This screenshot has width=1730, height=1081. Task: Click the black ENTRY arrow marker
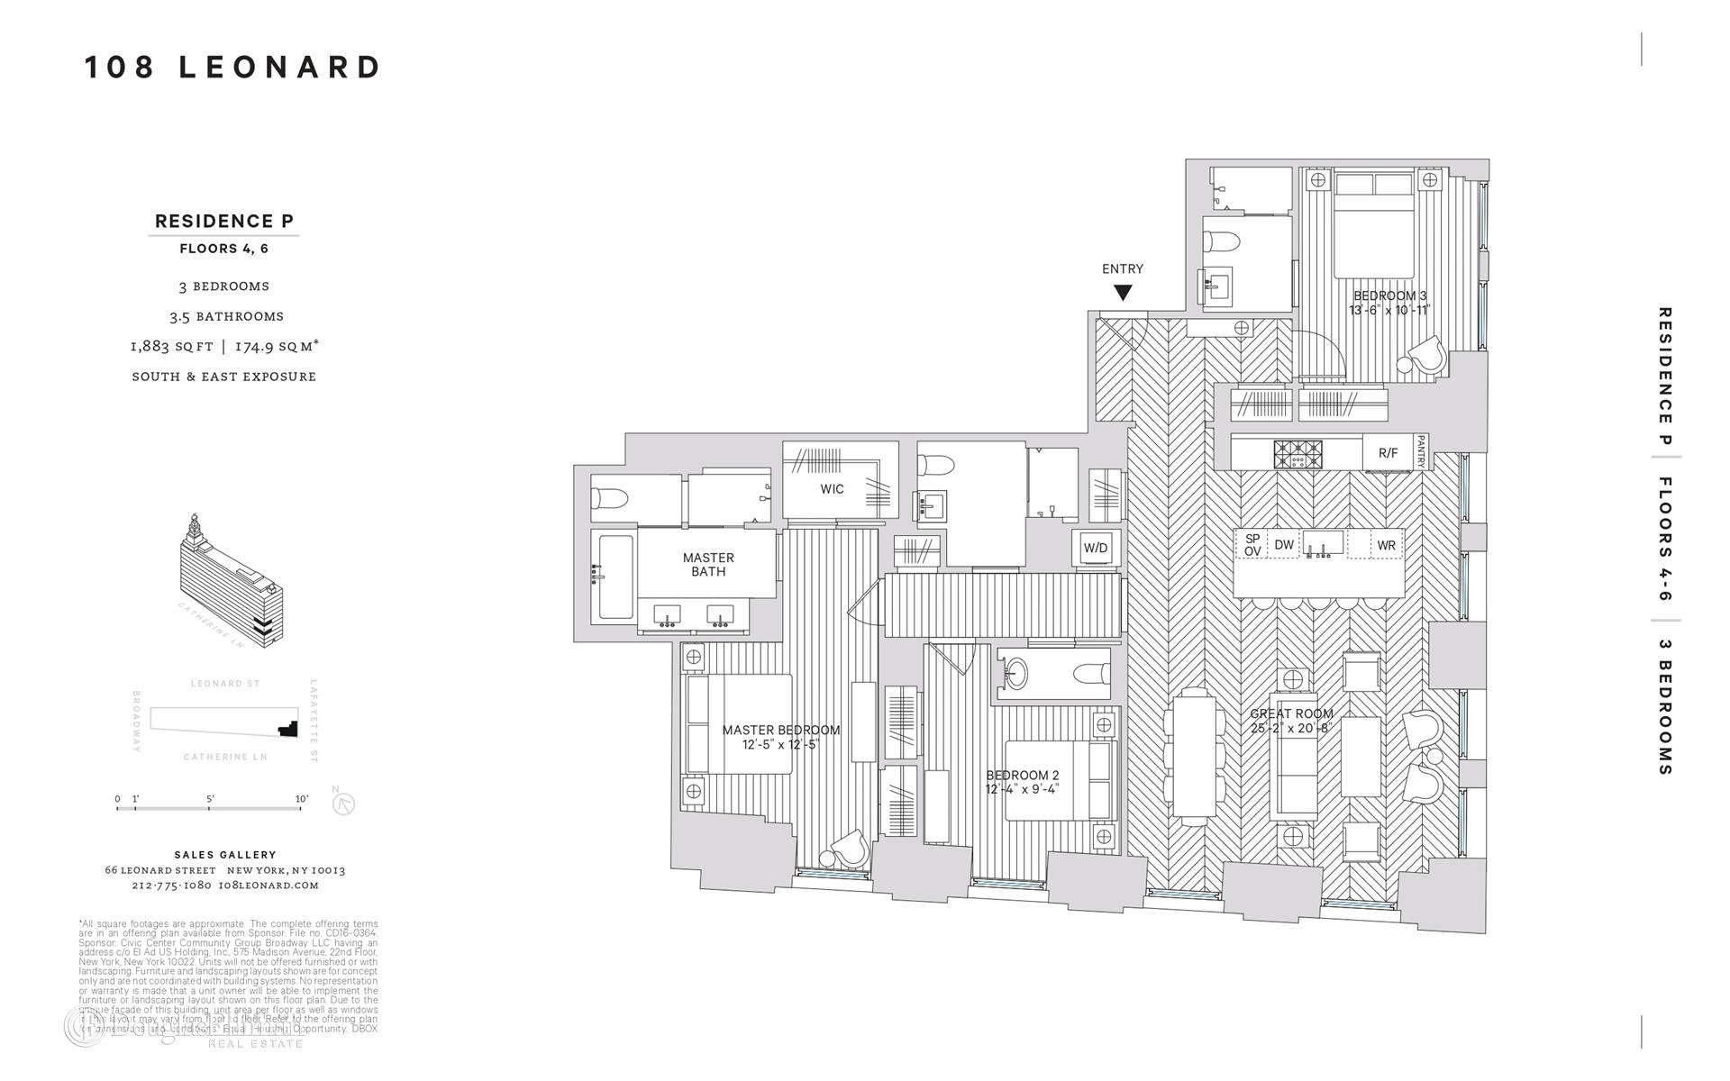coord(1122,293)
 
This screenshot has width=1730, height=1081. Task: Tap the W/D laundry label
coord(1096,548)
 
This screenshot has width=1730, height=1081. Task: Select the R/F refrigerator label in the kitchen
coord(1388,453)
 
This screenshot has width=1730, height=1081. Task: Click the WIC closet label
coord(832,489)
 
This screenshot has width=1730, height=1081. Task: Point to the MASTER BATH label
coord(708,565)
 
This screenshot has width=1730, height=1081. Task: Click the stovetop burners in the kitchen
coord(1297,454)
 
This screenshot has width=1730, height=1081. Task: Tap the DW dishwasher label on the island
coord(1284,545)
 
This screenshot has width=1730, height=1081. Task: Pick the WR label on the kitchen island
coord(1386,545)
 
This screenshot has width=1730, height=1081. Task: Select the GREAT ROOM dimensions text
coord(1291,729)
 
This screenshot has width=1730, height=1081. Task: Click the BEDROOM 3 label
coord(1389,295)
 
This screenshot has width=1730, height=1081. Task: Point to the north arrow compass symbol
coord(343,803)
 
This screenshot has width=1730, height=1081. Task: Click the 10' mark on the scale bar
coord(301,799)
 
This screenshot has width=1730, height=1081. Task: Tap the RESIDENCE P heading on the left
coord(224,221)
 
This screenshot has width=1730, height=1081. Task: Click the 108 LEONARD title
coord(233,68)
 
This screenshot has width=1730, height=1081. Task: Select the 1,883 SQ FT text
coord(172,346)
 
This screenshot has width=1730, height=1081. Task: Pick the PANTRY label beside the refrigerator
coord(1421,452)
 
